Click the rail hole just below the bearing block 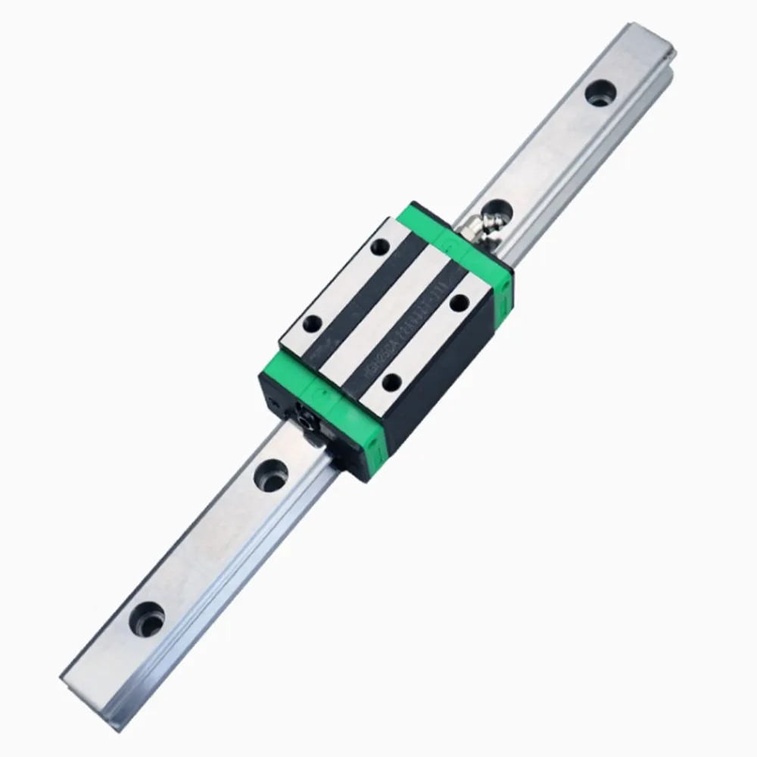point(268,475)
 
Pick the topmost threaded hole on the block point(378,246)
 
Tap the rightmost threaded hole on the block point(458,303)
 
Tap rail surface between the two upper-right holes point(545,151)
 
